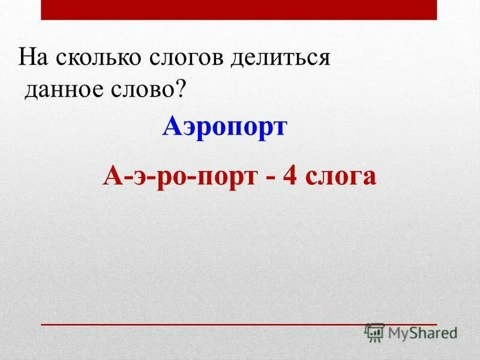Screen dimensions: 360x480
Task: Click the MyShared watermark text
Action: pos(422,332)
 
